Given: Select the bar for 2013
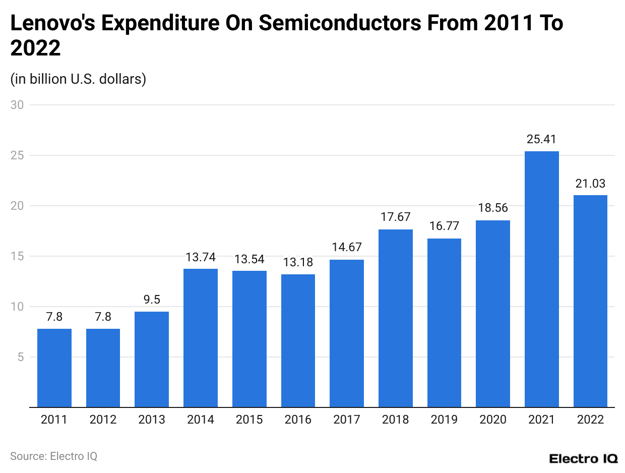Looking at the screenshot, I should (152, 359).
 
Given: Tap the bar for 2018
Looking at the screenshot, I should (396, 318).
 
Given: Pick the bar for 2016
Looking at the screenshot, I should (298, 340).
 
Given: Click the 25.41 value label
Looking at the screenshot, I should (541, 140).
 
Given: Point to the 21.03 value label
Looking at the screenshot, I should (590, 184).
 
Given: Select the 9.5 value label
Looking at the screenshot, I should (152, 300).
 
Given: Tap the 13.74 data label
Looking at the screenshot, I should (201, 257).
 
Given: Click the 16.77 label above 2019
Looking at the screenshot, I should (444, 226).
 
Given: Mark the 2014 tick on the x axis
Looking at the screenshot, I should (201, 420).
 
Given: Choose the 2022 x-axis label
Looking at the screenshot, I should (590, 420).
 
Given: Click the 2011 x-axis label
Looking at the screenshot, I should (54, 420).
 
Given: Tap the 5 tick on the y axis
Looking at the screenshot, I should (20, 357).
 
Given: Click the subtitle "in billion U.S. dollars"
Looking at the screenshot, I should (78, 79).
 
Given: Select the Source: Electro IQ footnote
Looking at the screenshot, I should (53, 456).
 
